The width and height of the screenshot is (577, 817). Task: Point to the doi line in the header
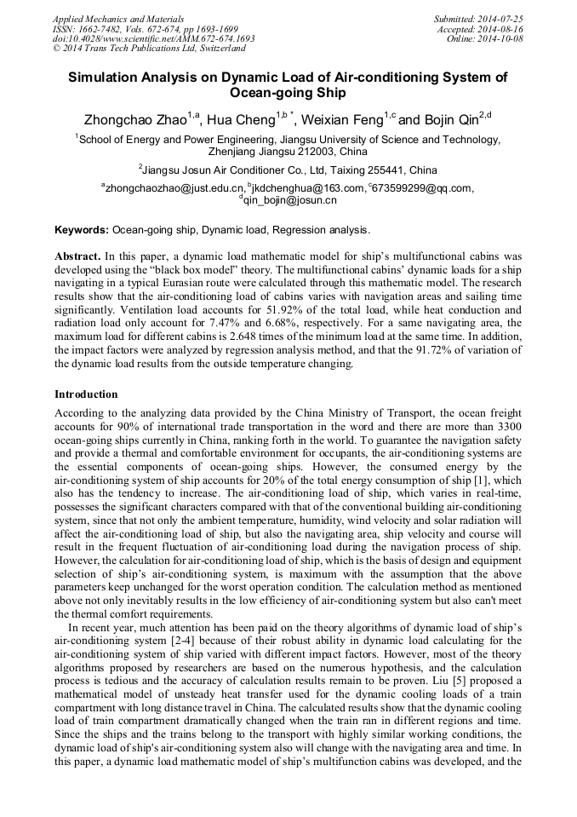[x=153, y=38]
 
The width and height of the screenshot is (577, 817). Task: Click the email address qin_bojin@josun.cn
[x=290, y=200]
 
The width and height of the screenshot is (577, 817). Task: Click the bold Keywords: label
[x=82, y=230]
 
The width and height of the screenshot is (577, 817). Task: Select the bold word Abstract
[x=77, y=256]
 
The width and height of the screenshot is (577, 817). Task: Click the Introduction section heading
[x=86, y=394]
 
